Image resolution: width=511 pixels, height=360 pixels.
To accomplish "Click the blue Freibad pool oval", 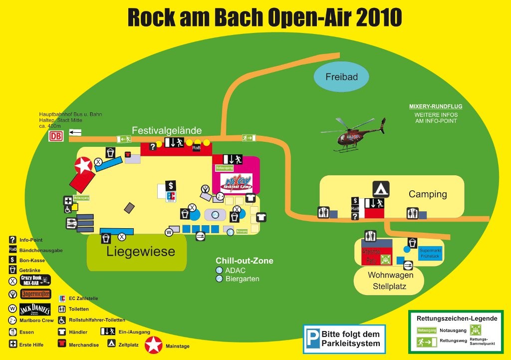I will (x=342, y=77).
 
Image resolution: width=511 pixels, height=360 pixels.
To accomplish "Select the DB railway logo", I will (x=56, y=136).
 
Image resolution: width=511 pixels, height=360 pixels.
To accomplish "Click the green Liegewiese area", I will (x=137, y=252).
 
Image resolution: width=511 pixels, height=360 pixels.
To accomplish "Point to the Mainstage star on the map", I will (x=84, y=165).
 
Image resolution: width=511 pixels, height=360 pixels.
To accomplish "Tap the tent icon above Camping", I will (x=381, y=189).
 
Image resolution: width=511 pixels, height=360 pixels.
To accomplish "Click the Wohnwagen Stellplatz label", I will (x=391, y=281).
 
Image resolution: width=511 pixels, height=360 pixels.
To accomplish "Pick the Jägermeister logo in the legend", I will (x=35, y=294).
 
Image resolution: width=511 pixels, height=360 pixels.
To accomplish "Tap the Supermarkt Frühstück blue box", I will (x=429, y=253).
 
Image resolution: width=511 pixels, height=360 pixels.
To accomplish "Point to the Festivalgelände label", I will (x=167, y=130).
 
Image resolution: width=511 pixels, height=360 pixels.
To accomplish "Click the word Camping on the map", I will (x=428, y=194).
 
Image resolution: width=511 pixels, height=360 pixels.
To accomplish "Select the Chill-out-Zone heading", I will (x=244, y=261).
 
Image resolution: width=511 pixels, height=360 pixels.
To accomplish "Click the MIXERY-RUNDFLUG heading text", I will (x=436, y=106).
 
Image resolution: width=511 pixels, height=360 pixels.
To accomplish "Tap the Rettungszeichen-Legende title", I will (x=457, y=319).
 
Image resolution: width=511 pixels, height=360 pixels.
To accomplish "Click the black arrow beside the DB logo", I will (x=75, y=132).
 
